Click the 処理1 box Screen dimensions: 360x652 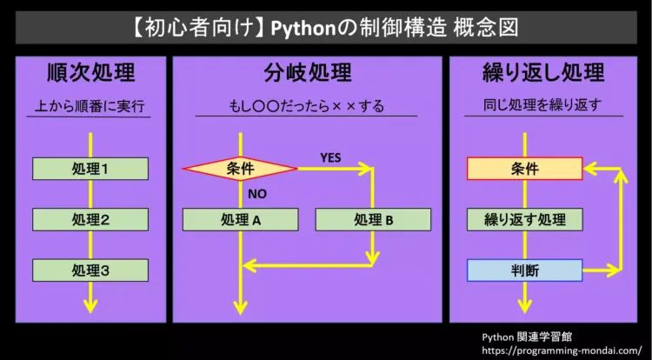90,169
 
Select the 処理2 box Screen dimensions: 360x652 90,219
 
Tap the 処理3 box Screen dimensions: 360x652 90,270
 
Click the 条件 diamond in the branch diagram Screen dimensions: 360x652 239,169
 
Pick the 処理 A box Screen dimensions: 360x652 240,219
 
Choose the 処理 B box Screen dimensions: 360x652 373,219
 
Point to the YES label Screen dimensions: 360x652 330,157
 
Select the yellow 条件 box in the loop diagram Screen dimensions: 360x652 524,169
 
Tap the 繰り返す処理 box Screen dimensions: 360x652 524,219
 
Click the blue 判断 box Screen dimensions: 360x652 524,270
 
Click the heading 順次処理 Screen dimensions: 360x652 90,72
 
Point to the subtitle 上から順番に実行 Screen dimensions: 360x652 90,107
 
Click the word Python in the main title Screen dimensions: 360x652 305,27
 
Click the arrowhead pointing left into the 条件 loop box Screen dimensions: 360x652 589,169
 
